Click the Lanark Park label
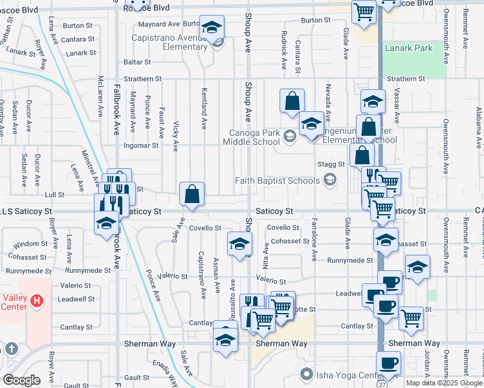(x=408, y=48)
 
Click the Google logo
(x=21, y=380)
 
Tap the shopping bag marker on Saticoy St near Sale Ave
(x=192, y=193)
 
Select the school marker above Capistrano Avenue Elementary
(x=212, y=27)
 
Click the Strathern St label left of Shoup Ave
(x=143, y=79)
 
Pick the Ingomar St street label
(x=142, y=145)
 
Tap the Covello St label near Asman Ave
(x=205, y=228)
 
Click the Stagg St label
(x=331, y=165)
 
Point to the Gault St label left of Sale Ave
(x=137, y=376)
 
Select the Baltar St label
(x=137, y=63)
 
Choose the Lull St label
(x=55, y=194)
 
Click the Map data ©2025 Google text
(x=443, y=383)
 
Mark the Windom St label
(x=27, y=244)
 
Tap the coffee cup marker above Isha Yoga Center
(x=388, y=363)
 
